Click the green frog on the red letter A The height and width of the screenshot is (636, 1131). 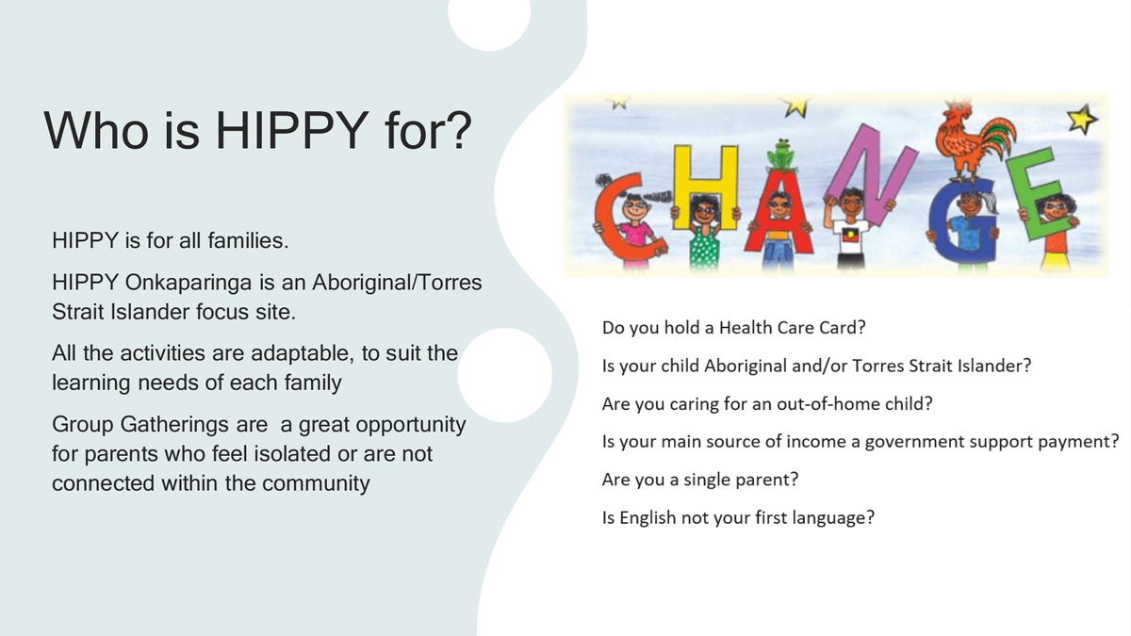780,156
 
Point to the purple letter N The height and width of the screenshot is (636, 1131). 871,174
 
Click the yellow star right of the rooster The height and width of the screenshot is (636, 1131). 1082,119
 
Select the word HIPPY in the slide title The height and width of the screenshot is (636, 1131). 292,131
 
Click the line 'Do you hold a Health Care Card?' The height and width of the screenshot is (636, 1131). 733,328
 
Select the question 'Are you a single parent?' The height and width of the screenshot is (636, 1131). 699,480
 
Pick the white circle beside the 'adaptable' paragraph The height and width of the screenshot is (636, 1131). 504,375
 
